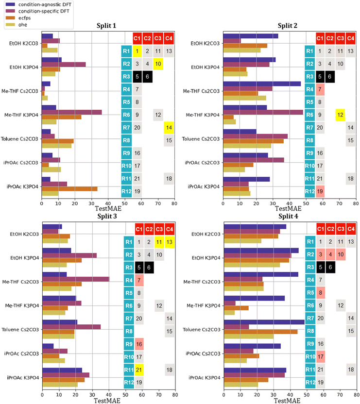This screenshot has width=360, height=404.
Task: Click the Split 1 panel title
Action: [x=108, y=26]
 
